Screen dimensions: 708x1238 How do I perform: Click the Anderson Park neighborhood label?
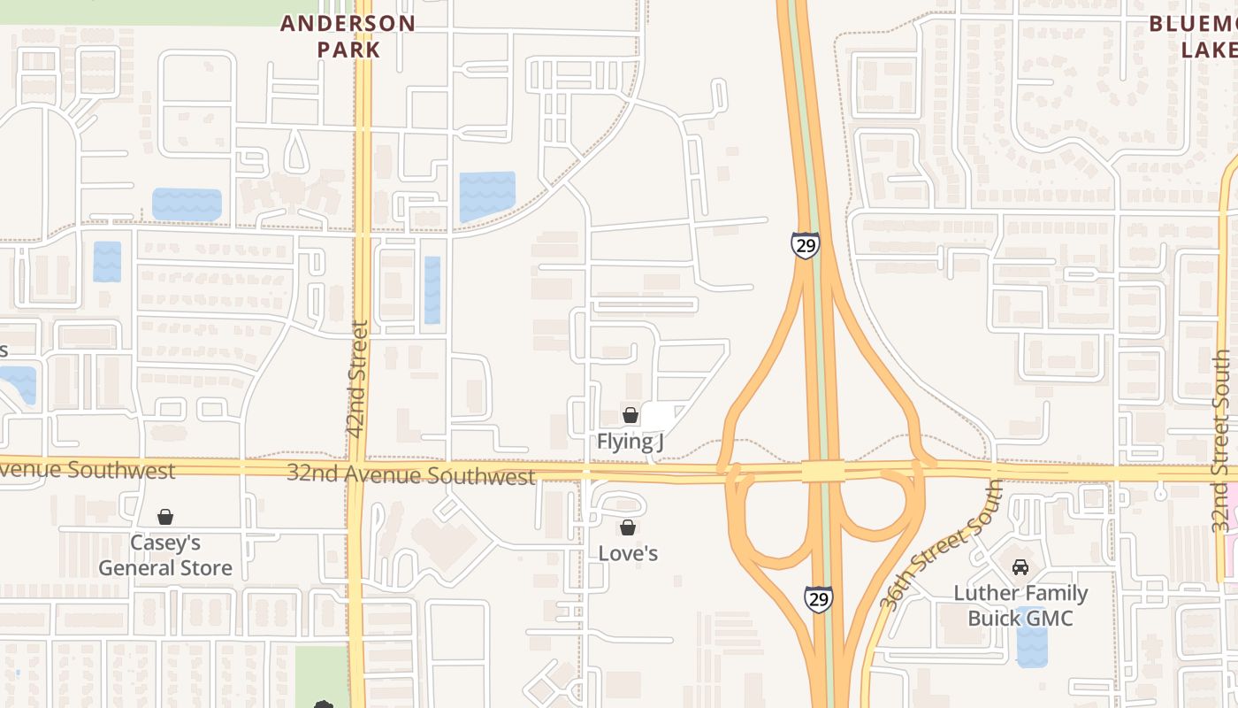pos(348,36)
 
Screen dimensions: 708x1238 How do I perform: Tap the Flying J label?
pos(630,441)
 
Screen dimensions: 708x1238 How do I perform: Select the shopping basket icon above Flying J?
pos(630,414)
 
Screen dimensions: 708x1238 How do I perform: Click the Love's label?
pos(628,554)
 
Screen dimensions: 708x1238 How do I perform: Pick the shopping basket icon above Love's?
pos(628,528)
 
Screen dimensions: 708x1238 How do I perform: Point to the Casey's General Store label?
pos(165,555)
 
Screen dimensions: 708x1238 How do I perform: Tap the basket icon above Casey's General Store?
pos(165,517)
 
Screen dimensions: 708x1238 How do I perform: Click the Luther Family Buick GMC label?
pos(1020,605)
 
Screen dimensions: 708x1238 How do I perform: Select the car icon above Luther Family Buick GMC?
pos(1020,567)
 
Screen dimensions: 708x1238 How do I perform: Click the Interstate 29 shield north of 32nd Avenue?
pos(806,245)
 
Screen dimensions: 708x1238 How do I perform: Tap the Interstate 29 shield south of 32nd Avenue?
pos(818,599)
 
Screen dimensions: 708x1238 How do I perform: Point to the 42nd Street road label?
pos(358,378)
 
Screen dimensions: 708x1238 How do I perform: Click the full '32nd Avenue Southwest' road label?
pos(411,474)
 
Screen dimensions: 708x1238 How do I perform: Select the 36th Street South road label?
pos(942,544)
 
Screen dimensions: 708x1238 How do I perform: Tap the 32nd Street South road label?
pos(1222,441)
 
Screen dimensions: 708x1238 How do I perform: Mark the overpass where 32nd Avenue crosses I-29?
pos(823,471)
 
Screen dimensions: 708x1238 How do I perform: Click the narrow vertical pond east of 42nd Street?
pos(432,289)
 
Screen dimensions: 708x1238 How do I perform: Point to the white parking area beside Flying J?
pos(661,417)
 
